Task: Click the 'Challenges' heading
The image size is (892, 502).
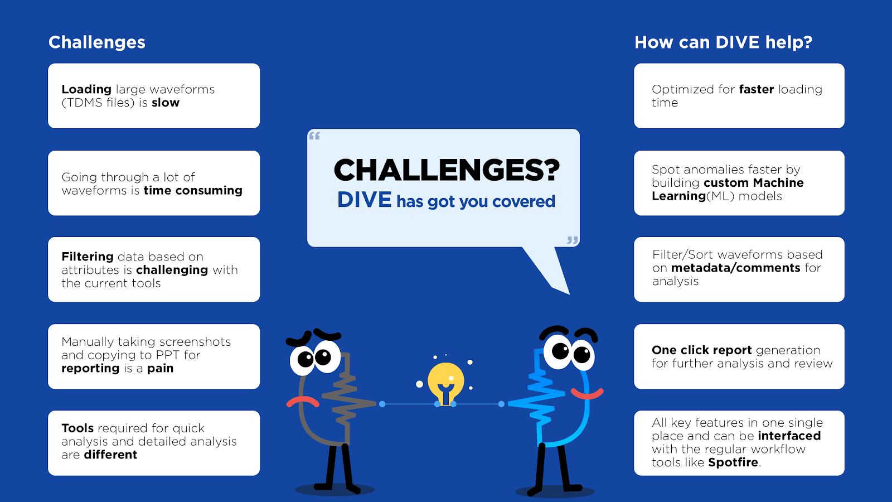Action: click(97, 42)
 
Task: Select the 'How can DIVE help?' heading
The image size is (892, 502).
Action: click(723, 42)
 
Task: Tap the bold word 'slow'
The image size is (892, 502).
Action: click(166, 103)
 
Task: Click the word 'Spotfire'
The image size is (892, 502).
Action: click(733, 462)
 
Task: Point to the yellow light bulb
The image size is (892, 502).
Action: click(445, 383)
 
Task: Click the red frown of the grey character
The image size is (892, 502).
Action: click(303, 402)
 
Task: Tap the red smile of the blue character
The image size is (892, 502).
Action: click(587, 394)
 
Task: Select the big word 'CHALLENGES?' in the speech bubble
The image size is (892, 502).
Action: click(447, 171)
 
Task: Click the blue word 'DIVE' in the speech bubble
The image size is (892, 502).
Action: click(365, 200)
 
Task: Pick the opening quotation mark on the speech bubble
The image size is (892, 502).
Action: click(314, 136)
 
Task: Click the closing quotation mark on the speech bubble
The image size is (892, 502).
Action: click(573, 240)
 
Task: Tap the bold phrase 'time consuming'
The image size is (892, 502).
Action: click(193, 191)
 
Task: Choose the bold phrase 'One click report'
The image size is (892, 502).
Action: click(702, 350)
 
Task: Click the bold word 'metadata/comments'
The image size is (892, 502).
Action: click(735, 268)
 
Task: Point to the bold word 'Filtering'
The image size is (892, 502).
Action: click(88, 257)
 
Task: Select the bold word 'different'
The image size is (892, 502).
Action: click(110, 455)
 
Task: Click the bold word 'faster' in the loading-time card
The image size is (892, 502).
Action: click(756, 89)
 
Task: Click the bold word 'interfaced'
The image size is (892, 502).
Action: click(789, 436)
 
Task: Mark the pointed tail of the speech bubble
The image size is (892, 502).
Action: click(569, 295)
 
